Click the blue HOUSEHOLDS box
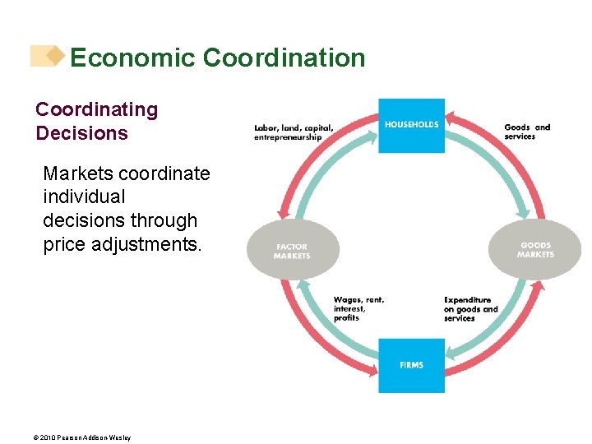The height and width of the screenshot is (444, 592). [411, 125]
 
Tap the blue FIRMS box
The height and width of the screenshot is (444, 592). [411, 365]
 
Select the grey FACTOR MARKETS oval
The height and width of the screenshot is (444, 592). [293, 250]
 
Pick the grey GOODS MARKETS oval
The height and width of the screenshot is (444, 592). [535, 249]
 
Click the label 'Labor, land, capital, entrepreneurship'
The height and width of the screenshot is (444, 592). [294, 132]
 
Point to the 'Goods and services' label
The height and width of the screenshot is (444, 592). [527, 132]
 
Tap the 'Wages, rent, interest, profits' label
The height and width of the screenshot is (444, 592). [358, 308]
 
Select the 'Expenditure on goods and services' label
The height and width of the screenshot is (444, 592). [470, 309]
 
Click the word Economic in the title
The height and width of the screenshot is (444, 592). [132, 58]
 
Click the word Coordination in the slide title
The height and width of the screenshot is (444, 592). [284, 58]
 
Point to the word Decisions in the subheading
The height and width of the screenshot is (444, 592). [81, 133]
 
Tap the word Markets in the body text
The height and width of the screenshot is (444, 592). [77, 173]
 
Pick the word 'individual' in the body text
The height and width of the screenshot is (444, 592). [84, 197]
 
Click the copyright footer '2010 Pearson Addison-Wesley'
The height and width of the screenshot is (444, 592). [83, 437]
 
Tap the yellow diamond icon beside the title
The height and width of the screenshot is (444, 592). [54, 55]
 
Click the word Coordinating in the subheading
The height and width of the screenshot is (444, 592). [96, 109]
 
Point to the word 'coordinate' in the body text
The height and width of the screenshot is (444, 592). [164, 173]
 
